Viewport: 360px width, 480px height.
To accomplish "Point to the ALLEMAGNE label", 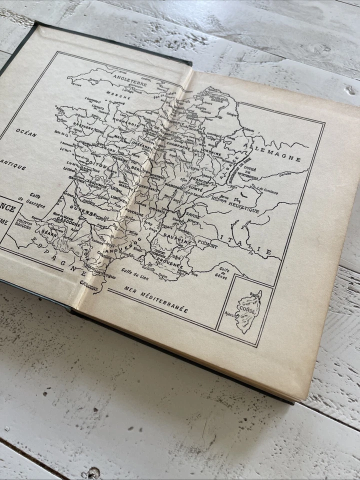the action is pos(272,149).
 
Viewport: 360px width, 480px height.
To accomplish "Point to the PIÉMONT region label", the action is pos(206,245).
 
